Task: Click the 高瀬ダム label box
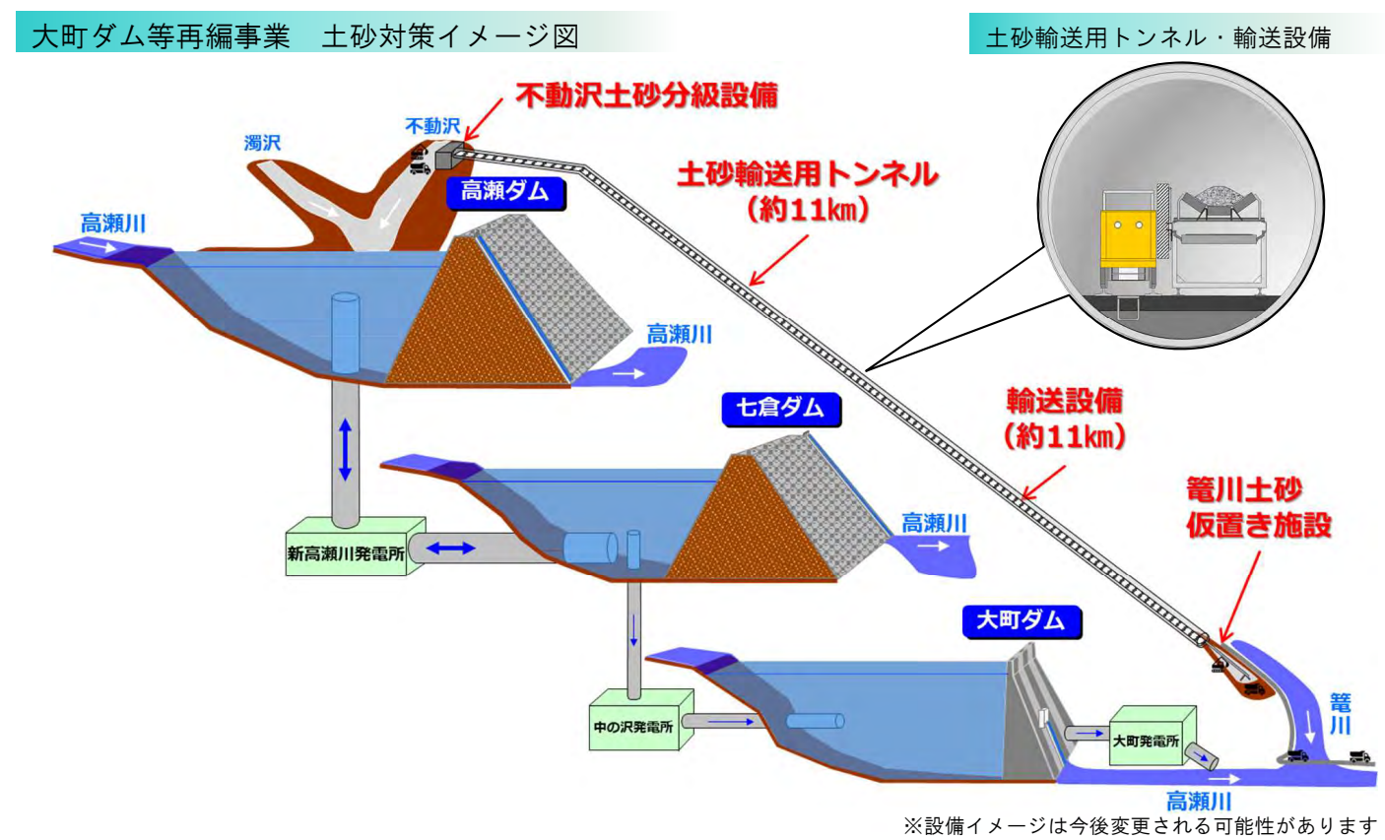click(504, 191)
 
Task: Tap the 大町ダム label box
click(1021, 621)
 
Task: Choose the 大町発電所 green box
click(1147, 740)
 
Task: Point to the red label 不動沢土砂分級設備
click(647, 96)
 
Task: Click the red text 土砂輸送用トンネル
click(807, 175)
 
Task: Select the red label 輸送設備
click(1064, 402)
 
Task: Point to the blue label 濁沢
click(262, 144)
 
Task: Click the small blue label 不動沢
click(432, 126)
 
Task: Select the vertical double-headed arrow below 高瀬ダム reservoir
click(344, 449)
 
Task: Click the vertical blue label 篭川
click(1340, 713)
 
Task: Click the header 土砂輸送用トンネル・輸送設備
click(1157, 37)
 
